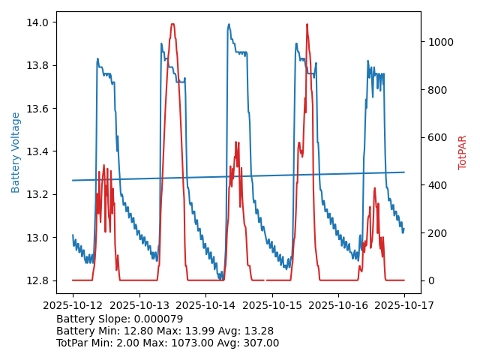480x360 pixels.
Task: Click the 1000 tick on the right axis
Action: click(x=439, y=42)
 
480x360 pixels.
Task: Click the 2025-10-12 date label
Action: click(x=73, y=305)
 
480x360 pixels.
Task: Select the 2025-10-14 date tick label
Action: click(x=205, y=305)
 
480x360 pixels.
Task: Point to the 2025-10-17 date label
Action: click(x=404, y=305)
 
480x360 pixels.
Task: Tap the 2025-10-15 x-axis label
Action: click(x=271, y=305)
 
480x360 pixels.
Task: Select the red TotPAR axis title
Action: click(x=463, y=152)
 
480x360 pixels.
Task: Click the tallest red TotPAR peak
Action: click(x=172, y=25)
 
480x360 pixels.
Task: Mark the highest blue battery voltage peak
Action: click(x=229, y=24)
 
